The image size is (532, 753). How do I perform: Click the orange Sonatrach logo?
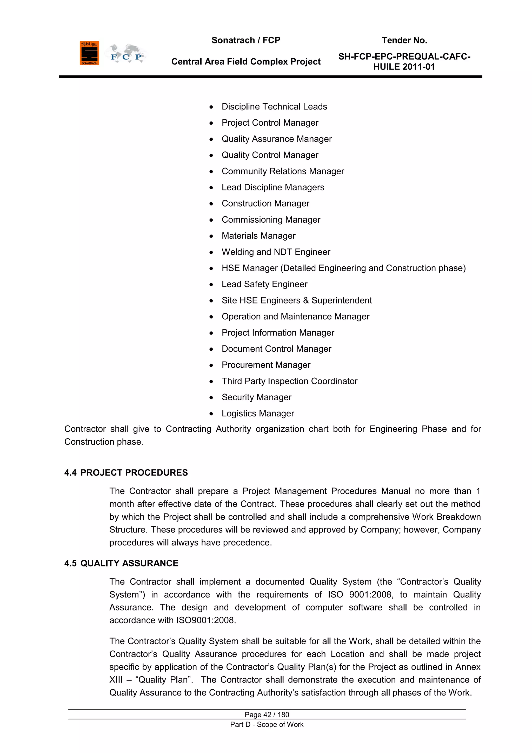(x=89, y=53)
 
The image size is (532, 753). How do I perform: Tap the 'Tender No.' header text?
(x=404, y=40)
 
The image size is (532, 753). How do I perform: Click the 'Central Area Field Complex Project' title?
(x=246, y=62)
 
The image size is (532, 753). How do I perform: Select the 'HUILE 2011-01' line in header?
(x=404, y=67)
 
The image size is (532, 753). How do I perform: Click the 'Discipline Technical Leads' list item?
(x=274, y=107)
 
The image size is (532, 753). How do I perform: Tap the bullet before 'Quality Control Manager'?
(x=211, y=156)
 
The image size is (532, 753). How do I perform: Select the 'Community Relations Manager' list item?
(x=283, y=171)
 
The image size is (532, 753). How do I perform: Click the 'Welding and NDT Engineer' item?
(x=276, y=252)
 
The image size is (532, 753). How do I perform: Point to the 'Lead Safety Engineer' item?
(x=264, y=284)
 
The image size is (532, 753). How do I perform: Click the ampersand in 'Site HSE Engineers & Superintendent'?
(x=306, y=300)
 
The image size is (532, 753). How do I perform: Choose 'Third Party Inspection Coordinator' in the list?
(x=289, y=381)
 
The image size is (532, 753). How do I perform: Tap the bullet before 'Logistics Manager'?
(x=211, y=414)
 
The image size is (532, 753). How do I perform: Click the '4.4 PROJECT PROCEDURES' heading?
(x=126, y=473)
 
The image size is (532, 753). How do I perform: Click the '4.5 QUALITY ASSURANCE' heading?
(x=121, y=563)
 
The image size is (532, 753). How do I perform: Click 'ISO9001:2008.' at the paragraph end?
(x=206, y=620)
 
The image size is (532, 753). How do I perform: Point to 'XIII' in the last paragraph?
(x=116, y=680)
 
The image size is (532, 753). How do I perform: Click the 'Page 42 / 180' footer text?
(x=267, y=715)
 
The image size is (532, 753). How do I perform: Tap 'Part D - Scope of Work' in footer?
(x=267, y=724)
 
